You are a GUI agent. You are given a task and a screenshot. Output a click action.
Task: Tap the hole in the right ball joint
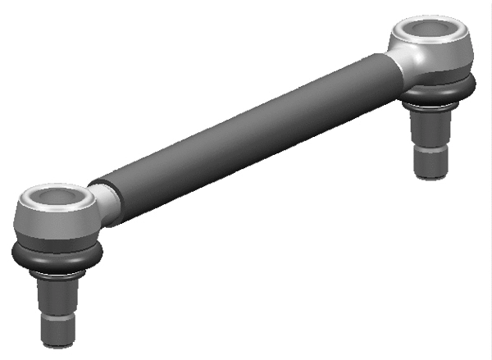[431, 31]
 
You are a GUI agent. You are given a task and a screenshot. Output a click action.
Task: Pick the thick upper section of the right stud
[430, 127]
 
